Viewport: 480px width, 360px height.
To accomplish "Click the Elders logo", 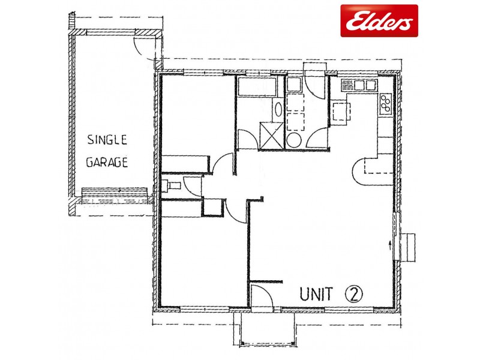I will coord(379,21).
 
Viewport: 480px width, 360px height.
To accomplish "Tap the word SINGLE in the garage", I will coord(107,140).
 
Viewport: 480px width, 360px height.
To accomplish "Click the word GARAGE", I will coord(107,163).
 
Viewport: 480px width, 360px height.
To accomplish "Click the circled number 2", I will coord(354,293).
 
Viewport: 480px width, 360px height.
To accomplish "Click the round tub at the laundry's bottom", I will coord(293,140).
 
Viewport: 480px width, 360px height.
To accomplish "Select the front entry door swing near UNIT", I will coord(262,296).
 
